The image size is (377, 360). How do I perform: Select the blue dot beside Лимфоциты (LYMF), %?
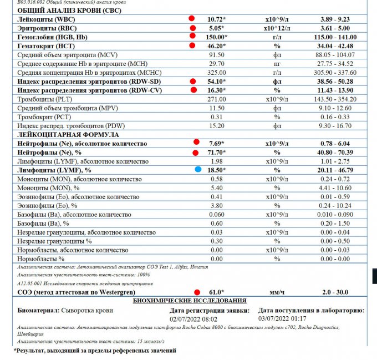[198, 170]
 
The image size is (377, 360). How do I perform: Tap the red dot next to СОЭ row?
[196, 292]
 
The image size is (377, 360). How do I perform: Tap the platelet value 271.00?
[216, 99]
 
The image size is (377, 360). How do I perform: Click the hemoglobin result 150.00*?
[216, 37]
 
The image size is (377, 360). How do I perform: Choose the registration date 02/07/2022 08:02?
[193, 319]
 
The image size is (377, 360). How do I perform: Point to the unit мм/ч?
[277, 292]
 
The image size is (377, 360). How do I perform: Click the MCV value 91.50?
[216, 54]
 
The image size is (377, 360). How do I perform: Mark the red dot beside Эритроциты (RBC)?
[193, 28]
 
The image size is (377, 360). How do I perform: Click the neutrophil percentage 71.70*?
[216, 152]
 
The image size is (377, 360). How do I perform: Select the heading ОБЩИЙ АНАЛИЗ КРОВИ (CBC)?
[69, 11]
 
